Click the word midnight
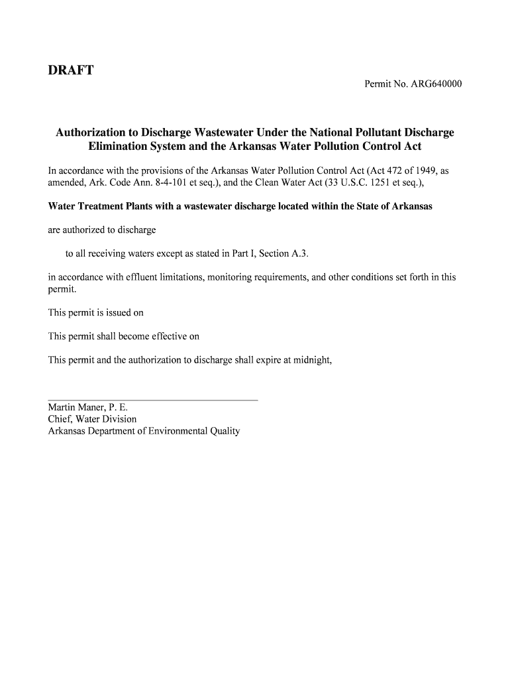click(309, 360)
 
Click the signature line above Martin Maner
click(152, 401)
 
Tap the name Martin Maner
click(76, 407)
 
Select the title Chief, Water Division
click(92, 419)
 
